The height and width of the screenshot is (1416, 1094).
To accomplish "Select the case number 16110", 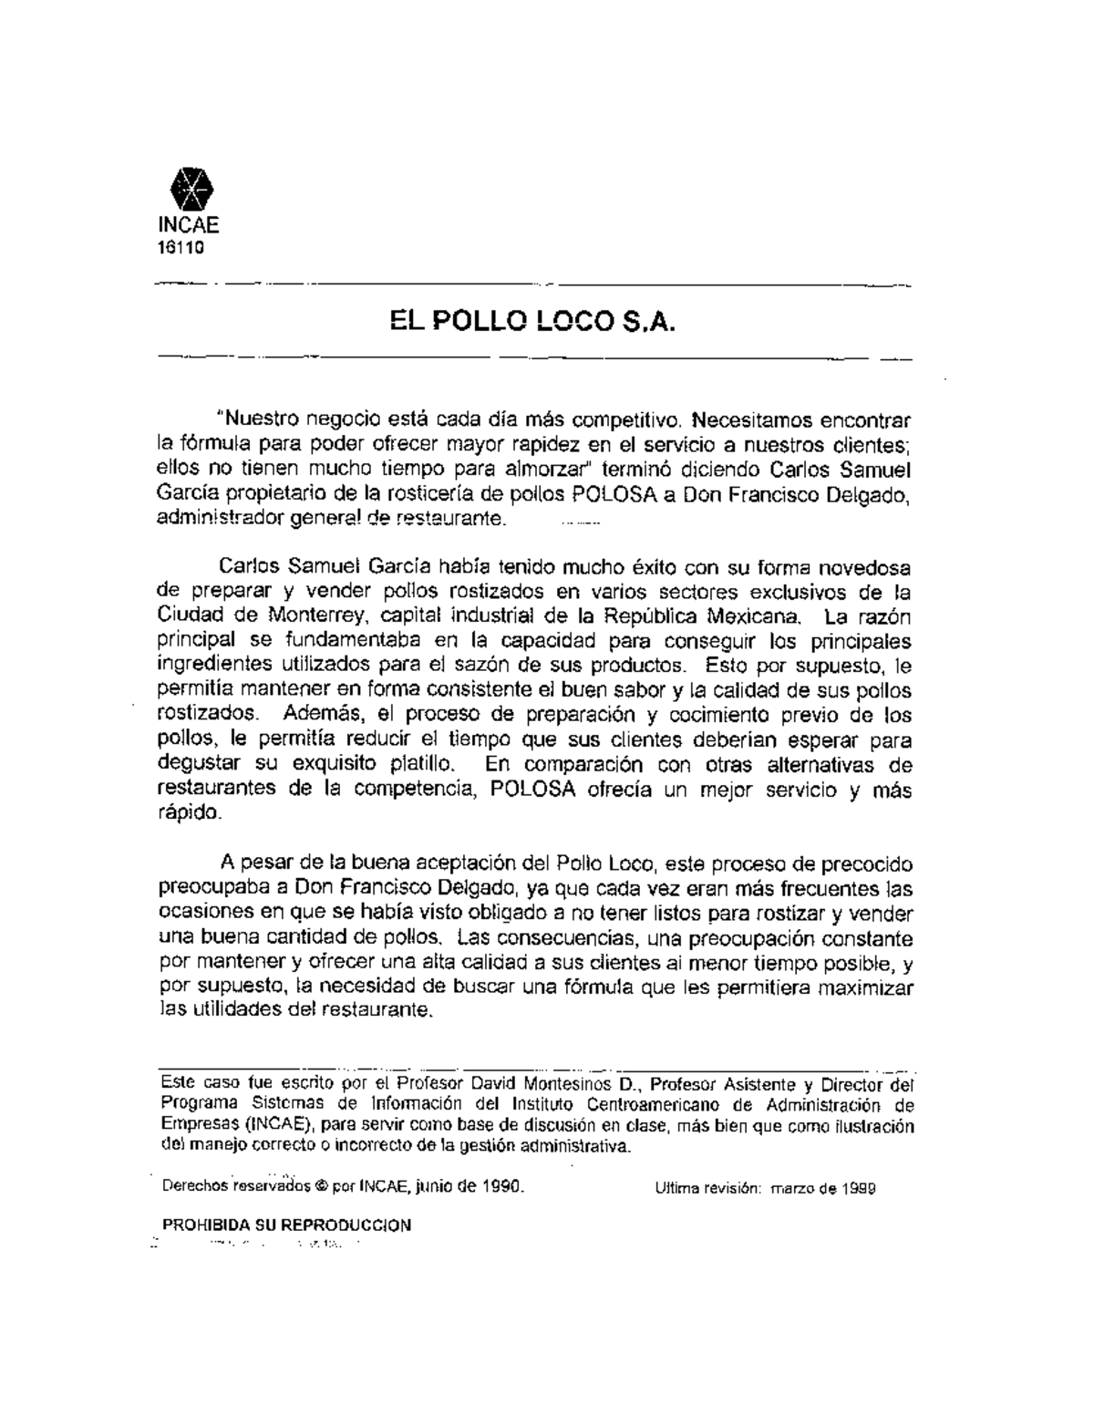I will point(182,246).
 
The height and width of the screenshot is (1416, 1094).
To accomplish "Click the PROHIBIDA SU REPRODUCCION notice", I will point(285,1225).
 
